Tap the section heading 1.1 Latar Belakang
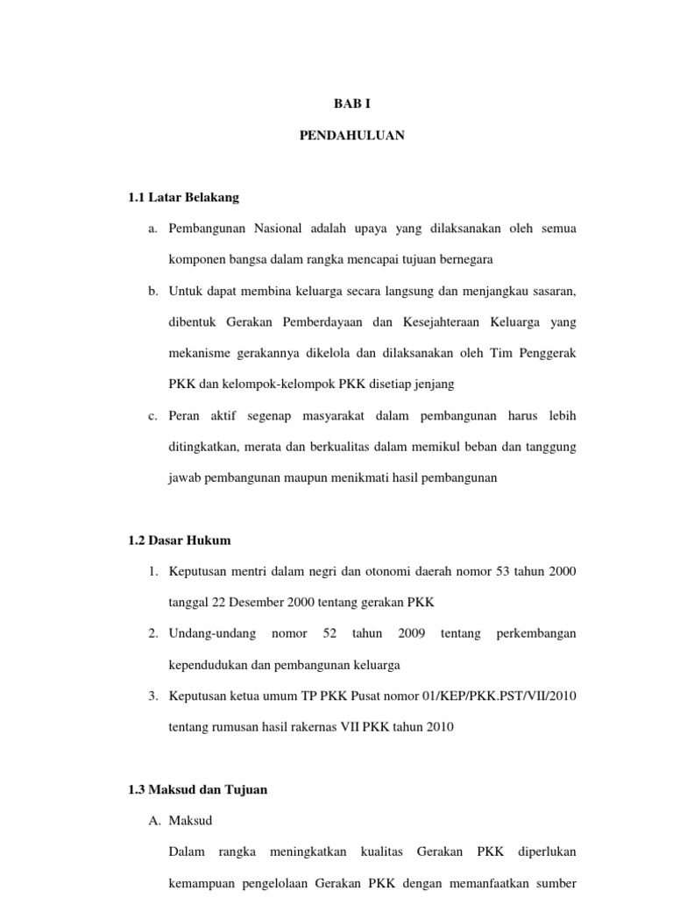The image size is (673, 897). (x=183, y=197)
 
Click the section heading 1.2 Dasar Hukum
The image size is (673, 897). (x=180, y=540)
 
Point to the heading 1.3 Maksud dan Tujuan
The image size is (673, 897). (x=197, y=789)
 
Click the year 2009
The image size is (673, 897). (x=411, y=633)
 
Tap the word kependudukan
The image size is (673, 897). (x=208, y=665)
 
